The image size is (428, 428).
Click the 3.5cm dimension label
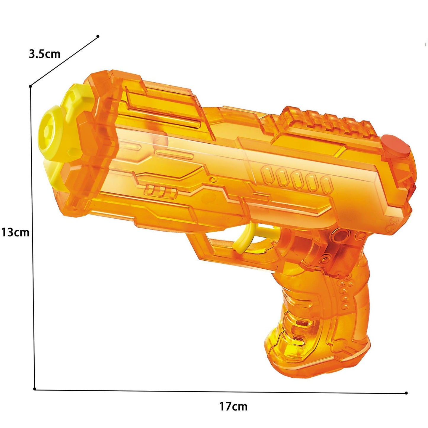point(44,54)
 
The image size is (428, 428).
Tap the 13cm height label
point(15,233)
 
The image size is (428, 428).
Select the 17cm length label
point(233,406)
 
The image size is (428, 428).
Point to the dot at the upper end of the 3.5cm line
point(98,36)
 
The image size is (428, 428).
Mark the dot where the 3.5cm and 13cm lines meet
point(31,86)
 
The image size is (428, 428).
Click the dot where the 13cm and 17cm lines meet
point(35,389)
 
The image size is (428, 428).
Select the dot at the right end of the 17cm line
point(406,393)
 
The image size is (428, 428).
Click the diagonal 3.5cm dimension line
point(64,61)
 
